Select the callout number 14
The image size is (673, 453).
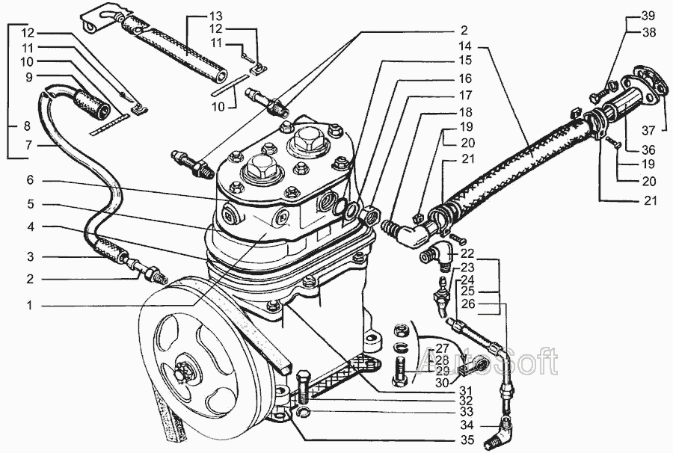[x=465, y=46]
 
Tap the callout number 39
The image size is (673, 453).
[x=648, y=16]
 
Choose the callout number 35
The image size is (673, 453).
[x=467, y=440]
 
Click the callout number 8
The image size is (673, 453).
[x=28, y=126]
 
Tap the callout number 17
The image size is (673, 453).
[x=465, y=96]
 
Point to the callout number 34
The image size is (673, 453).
[x=467, y=426]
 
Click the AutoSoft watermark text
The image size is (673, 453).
[x=489, y=364]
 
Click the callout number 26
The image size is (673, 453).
[x=467, y=304]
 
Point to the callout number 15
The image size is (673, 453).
[x=465, y=60]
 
